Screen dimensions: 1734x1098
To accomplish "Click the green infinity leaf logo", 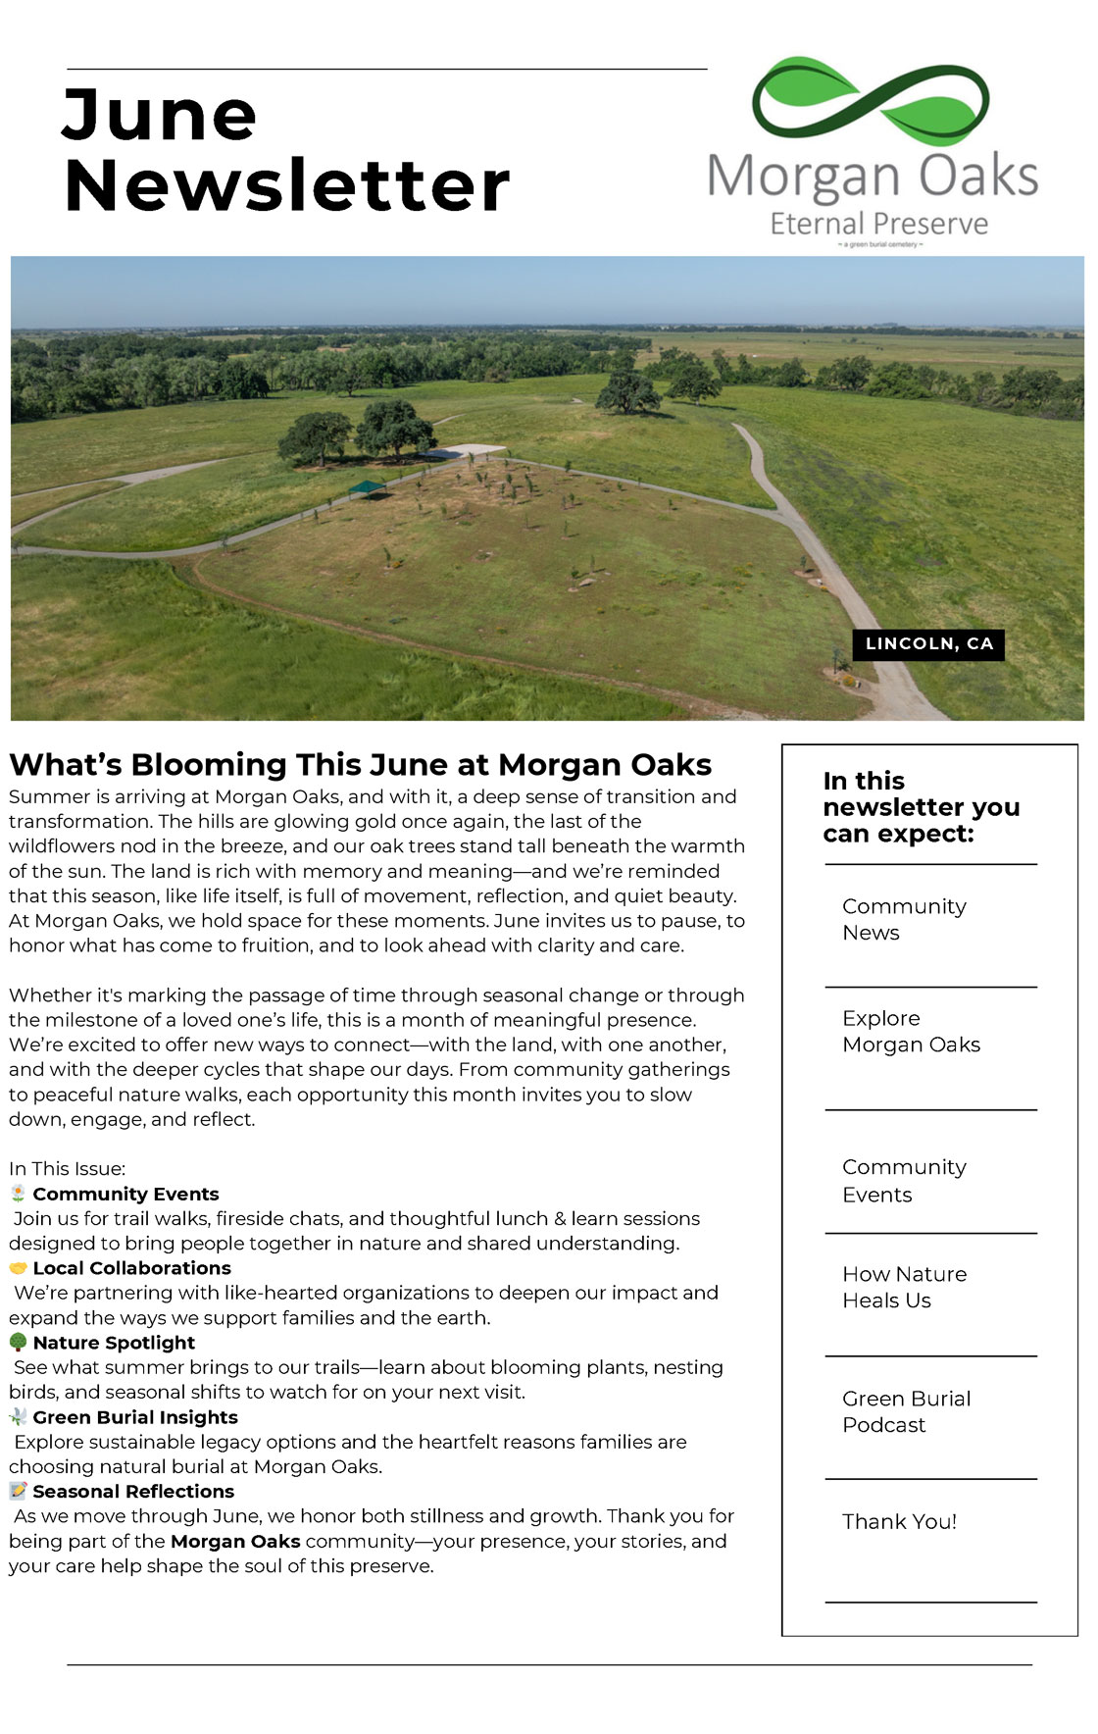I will tap(871, 101).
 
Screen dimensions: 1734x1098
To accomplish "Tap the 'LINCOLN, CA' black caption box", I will tap(928, 644).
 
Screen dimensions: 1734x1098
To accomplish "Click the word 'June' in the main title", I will tap(160, 116).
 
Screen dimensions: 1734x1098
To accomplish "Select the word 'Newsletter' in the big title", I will tap(286, 185).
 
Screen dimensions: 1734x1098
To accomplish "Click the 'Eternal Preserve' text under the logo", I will tap(878, 224).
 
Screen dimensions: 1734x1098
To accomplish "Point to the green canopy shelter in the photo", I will tap(367, 487).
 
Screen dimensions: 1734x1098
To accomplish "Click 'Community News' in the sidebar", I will tap(904, 919).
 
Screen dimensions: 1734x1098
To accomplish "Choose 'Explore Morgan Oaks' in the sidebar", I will tap(911, 1031).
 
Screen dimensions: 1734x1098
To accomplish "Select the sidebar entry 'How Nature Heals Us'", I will tap(904, 1287).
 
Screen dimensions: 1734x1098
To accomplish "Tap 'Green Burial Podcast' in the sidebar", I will tap(906, 1411).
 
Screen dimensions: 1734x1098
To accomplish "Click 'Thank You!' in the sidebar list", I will tap(899, 1521).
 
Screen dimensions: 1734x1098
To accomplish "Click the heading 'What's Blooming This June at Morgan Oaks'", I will tap(361, 764).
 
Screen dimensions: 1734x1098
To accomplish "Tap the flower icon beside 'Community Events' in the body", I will tap(18, 1194).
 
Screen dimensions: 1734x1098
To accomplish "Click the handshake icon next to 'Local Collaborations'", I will tap(18, 1268).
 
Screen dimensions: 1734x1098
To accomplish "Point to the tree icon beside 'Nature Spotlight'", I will tap(18, 1342).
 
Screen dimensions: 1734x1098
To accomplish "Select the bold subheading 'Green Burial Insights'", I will tap(135, 1417).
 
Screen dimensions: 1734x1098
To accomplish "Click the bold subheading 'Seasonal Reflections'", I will tap(133, 1491).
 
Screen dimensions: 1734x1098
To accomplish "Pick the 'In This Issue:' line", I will tap(68, 1168).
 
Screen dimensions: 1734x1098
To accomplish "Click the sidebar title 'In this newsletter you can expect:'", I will tap(921, 807).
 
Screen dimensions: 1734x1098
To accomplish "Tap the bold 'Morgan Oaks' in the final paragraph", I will tap(235, 1541).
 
